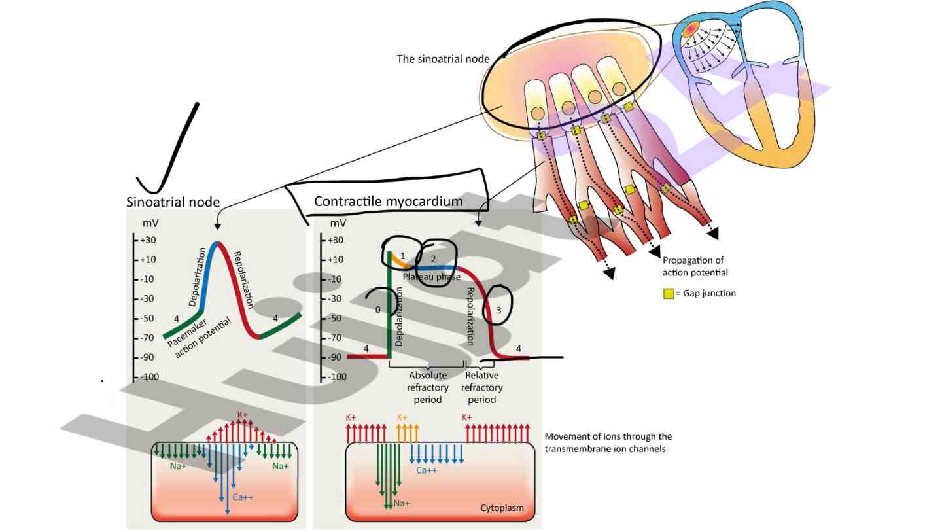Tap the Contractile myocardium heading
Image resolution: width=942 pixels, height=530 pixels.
[x=388, y=201]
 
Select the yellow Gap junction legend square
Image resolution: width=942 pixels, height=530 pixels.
[x=669, y=294]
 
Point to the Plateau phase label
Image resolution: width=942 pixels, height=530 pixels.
[x=431, y=277]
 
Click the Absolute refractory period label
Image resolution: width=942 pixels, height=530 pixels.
[x=428, y=387]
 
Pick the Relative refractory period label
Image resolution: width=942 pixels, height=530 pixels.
[x=482, y=387]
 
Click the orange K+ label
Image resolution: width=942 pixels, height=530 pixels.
[x=402, y=417]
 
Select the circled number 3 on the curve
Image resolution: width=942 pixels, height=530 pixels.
[x=498, y=312]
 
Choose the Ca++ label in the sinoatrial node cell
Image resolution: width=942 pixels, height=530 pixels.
[x=243, y=497]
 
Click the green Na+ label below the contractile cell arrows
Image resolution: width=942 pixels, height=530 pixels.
[x=402, y=503]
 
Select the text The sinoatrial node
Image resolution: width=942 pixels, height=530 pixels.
[x=443, y=59]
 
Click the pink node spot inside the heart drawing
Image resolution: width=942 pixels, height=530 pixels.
[x=691, y=29]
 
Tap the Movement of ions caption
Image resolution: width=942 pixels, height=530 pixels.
[x=608, y=442]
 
